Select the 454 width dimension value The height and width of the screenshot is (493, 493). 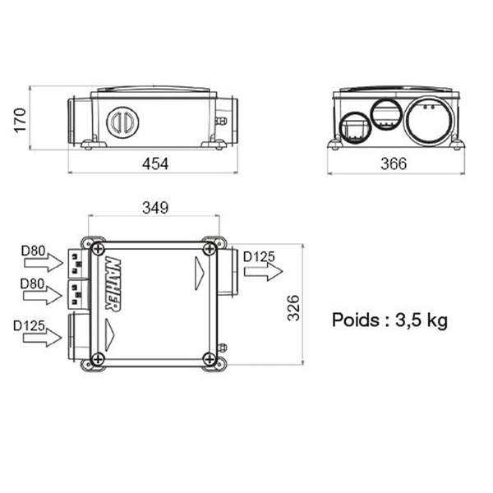coord(154,164)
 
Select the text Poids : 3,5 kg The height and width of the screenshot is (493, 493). coord(389,320)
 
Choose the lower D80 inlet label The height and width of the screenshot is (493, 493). coord(33,283)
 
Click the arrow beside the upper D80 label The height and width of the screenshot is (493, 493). coord(42,263)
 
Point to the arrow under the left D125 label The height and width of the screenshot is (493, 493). coord(42,336)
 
